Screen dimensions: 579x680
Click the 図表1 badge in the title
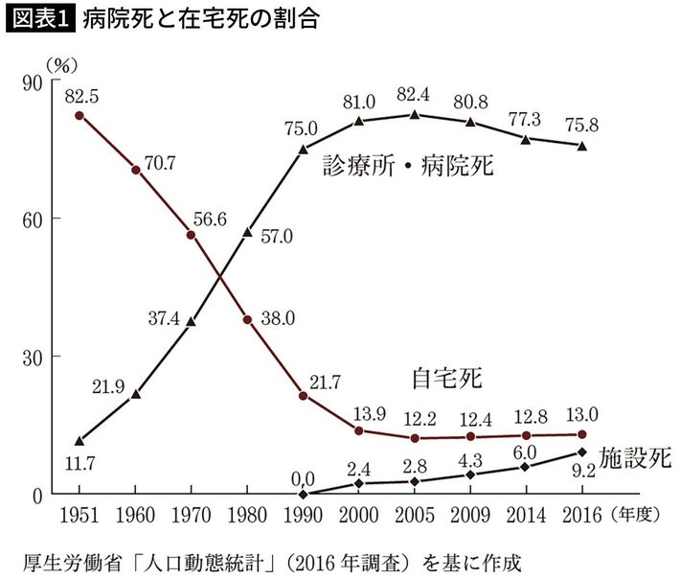pyautogui.click(x=41, y=18)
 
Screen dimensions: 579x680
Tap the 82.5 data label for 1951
pyautogui.click(x=80, y=96)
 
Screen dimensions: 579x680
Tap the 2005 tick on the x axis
pyautogui.click(x=414, y=515)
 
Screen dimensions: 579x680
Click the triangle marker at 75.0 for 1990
pyautogui.click(x=304, y=149)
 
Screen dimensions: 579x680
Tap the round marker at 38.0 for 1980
pyautogui.click(x=247, y=319)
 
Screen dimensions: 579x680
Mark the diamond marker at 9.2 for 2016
pyautogui.click(x=582, y=452)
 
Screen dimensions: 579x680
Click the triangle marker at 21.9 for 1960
pyautogui.click(x=135, y=393)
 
